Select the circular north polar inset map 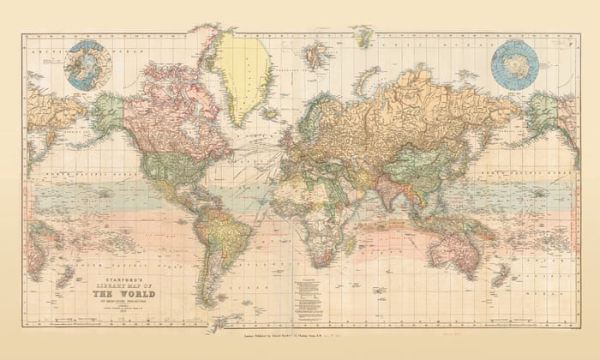coord(88,65)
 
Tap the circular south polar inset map coord(514,65)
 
